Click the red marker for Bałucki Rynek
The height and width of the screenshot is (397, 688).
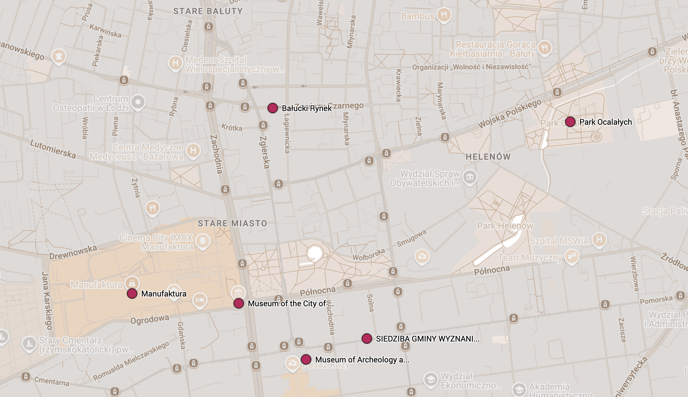tap(272, 108)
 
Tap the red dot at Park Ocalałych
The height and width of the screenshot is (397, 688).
tap(570, 122)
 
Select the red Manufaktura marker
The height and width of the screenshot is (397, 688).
tap(132, 294)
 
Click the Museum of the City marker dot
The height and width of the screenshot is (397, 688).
tap(239, 303)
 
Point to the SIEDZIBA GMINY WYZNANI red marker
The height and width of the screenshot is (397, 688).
tap(367, 339)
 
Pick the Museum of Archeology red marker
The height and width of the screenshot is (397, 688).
tap(306, 359)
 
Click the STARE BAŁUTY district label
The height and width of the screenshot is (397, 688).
tap(208, 11)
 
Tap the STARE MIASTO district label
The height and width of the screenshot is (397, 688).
tap(232, 223)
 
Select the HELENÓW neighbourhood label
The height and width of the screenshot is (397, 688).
tap(488, 157)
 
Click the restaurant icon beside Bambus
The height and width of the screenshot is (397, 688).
tap(444, 15)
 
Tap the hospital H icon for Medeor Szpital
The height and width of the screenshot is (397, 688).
tap(176, 63)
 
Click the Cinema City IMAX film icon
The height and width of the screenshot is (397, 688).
tap(203, 241)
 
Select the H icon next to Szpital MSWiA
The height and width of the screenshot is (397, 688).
tap(599, 240)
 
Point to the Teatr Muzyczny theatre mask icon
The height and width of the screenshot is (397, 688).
tap(572, 256)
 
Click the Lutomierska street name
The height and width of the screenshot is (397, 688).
tap(53, 149)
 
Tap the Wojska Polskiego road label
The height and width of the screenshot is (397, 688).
tap(509, 114)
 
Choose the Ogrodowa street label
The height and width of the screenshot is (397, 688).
tap(150, 319)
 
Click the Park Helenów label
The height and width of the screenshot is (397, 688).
tap(505, 226)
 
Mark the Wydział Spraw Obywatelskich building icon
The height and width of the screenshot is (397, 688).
tap(470, 177)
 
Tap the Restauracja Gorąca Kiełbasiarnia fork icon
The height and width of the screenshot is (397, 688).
tap(544, 48)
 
